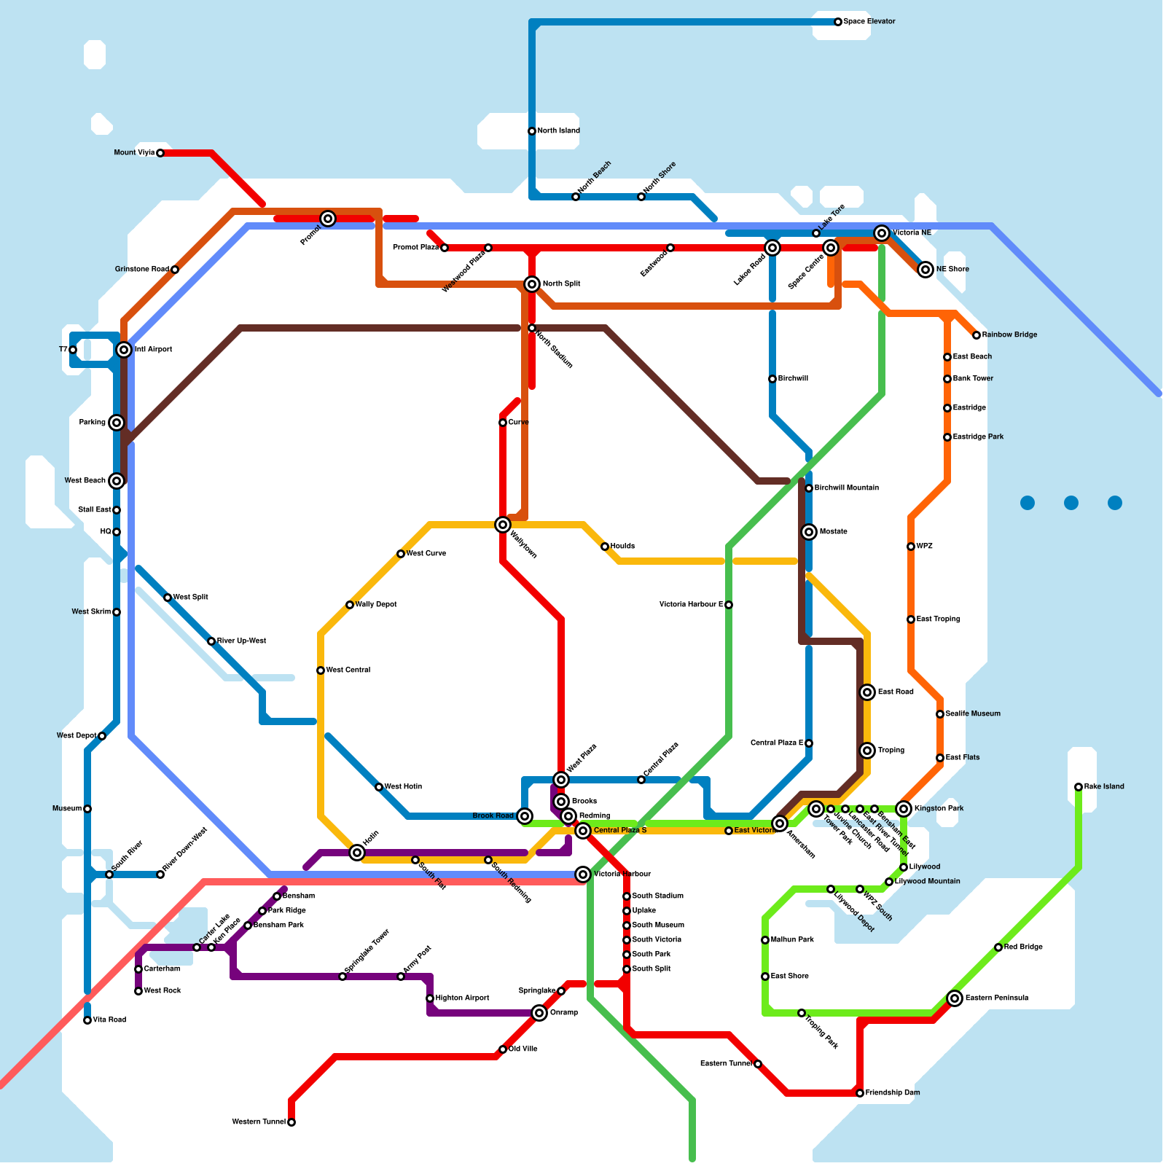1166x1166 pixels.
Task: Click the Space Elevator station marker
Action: (x=838, y=22)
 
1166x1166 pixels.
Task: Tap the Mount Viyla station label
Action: (x=134, y=153)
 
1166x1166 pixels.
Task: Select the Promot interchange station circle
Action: (x=328, y=219)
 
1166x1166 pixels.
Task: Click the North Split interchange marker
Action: (x=532, y=284)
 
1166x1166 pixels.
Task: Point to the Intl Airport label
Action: (x=153, y=350)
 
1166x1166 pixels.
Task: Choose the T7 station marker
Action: (x=73, y=350)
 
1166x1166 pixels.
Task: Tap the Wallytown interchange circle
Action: (x=503, y=525)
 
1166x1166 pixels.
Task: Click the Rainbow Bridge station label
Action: (x=1009, y=335)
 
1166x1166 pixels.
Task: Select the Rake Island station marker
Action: (x=1079, y=787)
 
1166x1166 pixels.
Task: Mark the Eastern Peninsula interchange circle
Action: (x=955, y=998)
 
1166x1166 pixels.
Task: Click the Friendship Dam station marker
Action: (x=860, y=1093)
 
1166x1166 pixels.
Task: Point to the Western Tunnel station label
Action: (x=259, y=1122)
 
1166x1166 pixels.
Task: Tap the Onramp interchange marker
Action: (x=539, y=1013)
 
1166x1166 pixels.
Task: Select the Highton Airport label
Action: (x=462, y=998)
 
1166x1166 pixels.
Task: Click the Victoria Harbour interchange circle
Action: (x=583, y=874)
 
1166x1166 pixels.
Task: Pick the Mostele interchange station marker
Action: (x=809, y=532)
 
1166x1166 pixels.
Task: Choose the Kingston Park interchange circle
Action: (x=904, y=809)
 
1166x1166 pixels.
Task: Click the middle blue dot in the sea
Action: (x=1071, y=503)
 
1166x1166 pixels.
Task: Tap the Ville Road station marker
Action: (x=87, y=1020)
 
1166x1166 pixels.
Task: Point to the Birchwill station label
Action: (x=793, y=379)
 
